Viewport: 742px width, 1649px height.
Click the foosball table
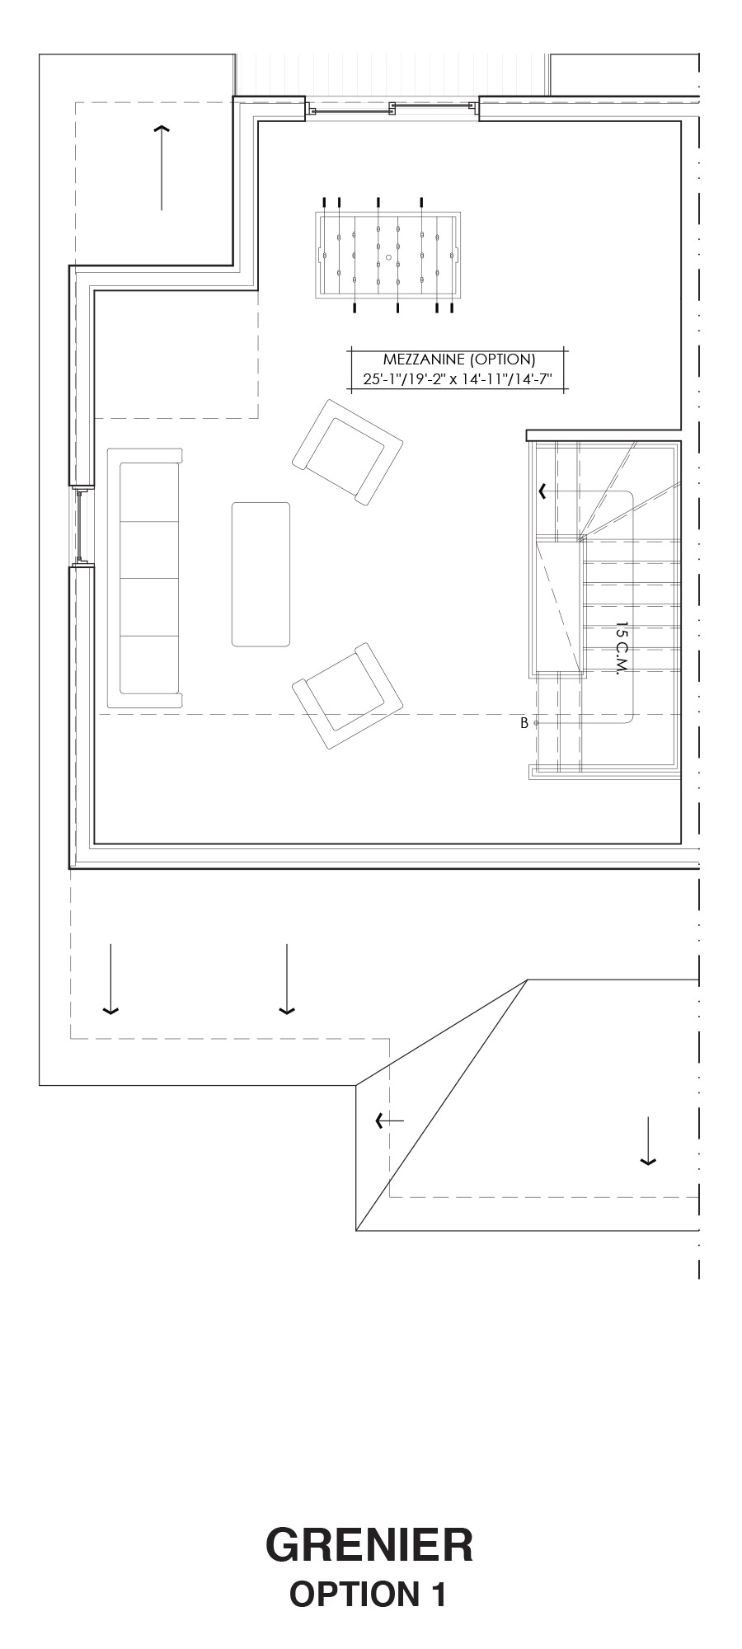click(x=388, y=256)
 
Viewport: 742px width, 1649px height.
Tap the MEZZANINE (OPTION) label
click(x=459, y=359)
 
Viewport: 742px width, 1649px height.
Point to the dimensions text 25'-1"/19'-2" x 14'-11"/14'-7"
click(x=457, y=379)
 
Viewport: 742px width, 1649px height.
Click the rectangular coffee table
click(x=261, y=575)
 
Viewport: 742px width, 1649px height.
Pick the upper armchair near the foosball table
click(x=347, y=453)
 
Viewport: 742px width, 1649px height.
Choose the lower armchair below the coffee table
click(x=347, y=696)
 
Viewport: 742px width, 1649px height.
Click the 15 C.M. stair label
click(x=622, y=649)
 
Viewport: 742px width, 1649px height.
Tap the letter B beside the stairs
click(x=524, y=723)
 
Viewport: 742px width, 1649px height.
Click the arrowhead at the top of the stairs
click(x=542, y=491)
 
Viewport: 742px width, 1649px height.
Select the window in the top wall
click(x=392, y=109)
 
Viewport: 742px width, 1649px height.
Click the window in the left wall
click(x=81, y=526)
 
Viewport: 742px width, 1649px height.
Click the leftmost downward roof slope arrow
click(x=110, y=979)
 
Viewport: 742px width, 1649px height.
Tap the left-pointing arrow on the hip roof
click(x=389, y=1120)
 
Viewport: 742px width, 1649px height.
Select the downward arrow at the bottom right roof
click(x=648, y=1141)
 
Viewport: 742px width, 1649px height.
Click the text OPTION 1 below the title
click(x=369, y=1594)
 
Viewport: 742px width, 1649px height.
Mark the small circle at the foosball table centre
click(x=388, y=256)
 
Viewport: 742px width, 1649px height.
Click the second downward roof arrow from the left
click(x=286, y=979)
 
